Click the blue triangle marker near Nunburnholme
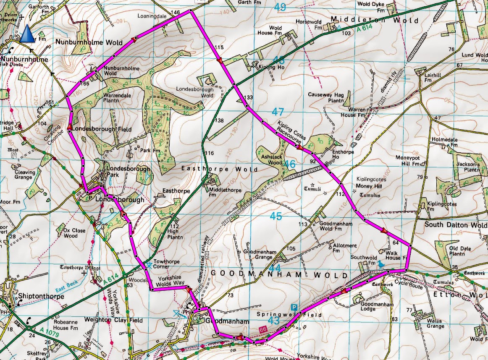(x=27, y=33)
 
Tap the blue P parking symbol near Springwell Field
(x=294, y=308)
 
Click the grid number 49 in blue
(x=280, y=8)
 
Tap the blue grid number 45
(x=275, y=217)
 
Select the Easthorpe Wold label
(x=219, y=169)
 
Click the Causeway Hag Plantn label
(x=327, y=98)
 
